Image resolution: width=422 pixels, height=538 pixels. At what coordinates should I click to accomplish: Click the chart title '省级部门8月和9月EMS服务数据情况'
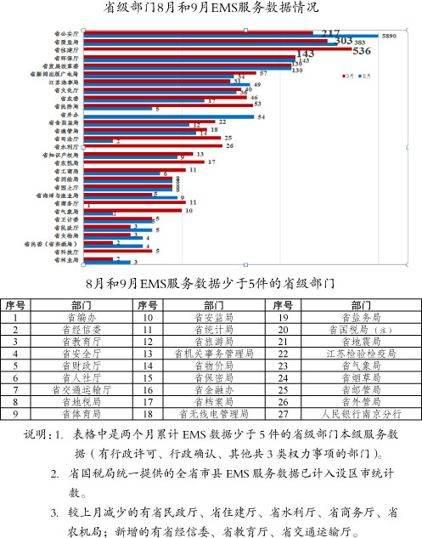211,8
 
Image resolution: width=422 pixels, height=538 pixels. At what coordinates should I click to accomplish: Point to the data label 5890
389,37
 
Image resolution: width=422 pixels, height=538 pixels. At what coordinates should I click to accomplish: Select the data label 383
360,42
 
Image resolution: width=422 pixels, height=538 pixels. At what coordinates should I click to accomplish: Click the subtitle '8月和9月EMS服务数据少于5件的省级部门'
211,280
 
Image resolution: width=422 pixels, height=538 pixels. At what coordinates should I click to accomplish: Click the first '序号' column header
15,303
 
